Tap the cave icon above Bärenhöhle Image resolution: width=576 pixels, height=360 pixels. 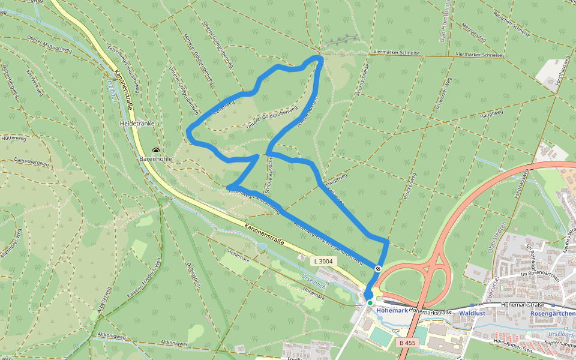pos(156,151)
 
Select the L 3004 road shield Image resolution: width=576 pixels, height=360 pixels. pos(322,261)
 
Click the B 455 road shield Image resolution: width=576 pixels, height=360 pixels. pos(407,343)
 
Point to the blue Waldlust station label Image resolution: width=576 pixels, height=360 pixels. pos(472,313)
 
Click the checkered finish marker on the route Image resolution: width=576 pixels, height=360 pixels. pos(378,268)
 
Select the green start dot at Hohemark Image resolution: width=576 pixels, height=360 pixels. pos(370,302)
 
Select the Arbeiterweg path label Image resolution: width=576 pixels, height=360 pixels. pos(101,303)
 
